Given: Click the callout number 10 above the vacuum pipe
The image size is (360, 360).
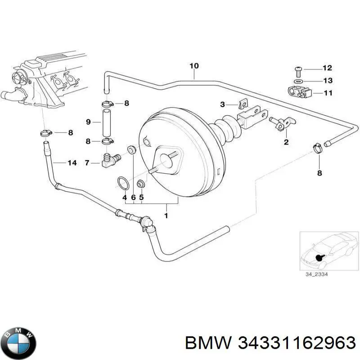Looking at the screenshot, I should (193, 66).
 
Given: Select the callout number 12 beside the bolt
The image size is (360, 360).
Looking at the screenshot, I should (327, 68).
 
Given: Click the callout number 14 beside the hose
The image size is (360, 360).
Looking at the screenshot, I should (72, 163).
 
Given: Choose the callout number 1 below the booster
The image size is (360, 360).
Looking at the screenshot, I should (166, 216).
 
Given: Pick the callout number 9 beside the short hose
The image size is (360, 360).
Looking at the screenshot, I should (88, 121).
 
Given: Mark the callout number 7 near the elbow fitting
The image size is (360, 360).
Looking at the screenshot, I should (88, 162).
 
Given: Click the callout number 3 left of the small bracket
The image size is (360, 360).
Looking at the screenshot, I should (222, 105).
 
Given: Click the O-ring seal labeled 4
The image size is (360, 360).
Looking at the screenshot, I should (122, 183).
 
